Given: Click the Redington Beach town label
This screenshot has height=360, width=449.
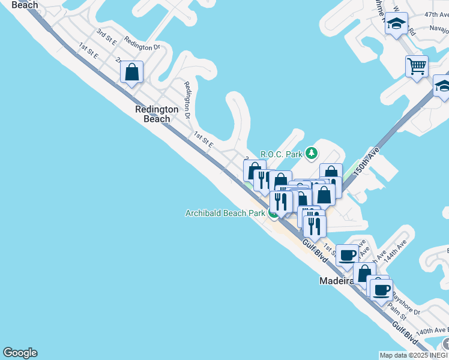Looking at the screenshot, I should pyautogui.click(x=157, y=114).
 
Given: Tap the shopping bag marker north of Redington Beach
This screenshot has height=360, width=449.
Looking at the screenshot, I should pyautogui.click(x=132, y=73).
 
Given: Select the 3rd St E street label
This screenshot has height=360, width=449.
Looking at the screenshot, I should pyautogui.click(x=106, y=37).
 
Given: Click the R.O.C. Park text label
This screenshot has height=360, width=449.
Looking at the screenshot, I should pyautogui.click(x=281, y=154).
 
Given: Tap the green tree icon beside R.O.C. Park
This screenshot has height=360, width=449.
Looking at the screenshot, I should pyautogui.click(x=311, y=154).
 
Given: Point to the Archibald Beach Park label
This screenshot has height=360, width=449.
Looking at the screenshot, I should pyautogui.click(x=225, y=213).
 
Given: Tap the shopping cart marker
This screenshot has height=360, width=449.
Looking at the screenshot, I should pyautogui.click(x=417, y=65).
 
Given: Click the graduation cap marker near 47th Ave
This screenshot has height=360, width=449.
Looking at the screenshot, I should pyautogui.click(x=396, y=24).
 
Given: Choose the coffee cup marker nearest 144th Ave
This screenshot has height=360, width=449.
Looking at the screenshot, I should pyautogui.click(x=347, y=255).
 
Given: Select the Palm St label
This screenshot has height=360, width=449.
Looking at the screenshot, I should pyautogui.click(x=398, y=310).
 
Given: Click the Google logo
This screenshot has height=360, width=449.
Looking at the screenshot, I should pyautogui.click(x=20, y=353).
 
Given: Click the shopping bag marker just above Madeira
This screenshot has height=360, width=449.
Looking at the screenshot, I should pyautogui.click(x=364, y=273).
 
